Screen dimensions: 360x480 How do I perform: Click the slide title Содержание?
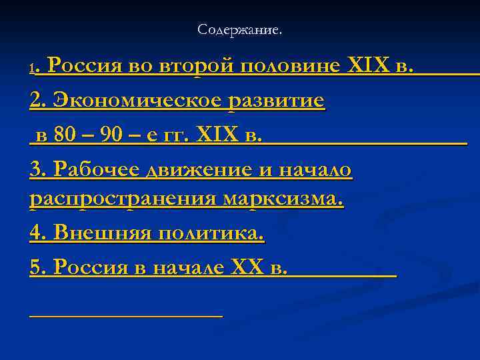point(240,30)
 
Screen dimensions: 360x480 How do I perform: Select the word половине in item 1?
point(290,67)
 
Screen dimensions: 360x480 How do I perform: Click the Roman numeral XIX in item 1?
point(371,67)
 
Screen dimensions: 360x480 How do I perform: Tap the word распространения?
point(123,199)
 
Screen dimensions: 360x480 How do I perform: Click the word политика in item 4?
point(210,234)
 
